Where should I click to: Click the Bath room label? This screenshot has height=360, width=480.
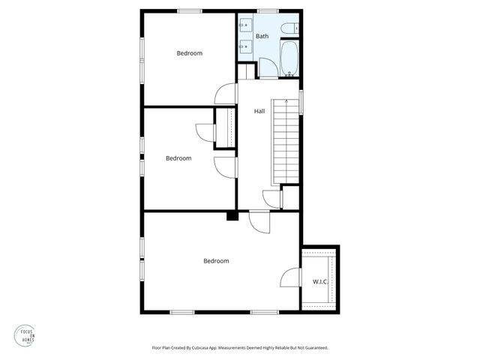coord(262,36)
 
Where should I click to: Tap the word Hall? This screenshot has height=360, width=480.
coord(259,111)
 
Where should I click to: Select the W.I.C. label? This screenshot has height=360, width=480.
coord(320,282)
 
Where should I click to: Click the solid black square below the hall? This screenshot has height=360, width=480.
coord(232,217)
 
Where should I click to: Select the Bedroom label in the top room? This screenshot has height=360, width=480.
coord(190,53)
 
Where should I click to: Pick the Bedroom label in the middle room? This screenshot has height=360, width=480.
coord(178,158)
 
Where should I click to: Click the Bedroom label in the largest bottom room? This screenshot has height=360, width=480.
coord(216,261)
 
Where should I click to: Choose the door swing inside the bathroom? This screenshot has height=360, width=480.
coord(266,68)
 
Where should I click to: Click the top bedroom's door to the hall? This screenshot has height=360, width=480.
coord(226,94)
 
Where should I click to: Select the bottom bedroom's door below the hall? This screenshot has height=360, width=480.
coord(259,222)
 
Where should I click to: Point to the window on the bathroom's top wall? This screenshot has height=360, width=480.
coord(268,10)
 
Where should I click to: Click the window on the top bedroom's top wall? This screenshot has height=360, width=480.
coord(189,10)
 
